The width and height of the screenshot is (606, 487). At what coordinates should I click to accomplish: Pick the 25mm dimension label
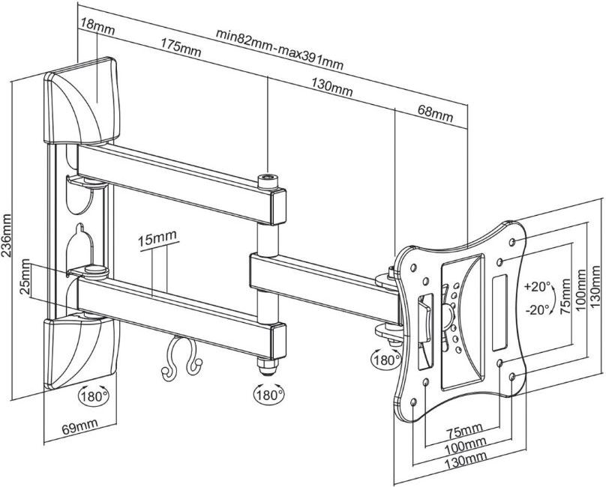pos(25,279)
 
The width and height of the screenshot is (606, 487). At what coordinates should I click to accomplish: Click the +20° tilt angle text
pos(538,287)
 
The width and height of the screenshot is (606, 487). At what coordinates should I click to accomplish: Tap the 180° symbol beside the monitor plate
pos(385,360)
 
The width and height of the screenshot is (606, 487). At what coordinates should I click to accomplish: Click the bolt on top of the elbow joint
pos(266,181)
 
